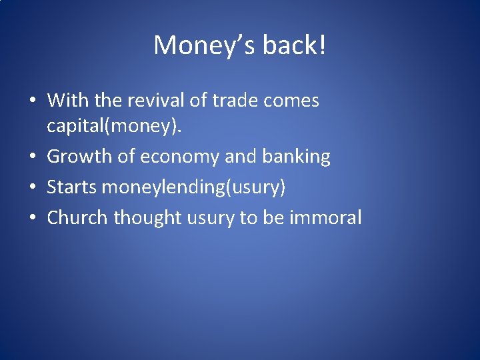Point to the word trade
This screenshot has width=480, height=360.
coord(236,101)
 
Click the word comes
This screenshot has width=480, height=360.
coord(292,101)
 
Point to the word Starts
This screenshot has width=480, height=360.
coord(72,187)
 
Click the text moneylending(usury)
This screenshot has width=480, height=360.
coord(194,187)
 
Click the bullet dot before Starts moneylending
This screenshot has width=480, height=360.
coord(33,188)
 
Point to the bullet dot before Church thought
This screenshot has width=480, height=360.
coord(33,218)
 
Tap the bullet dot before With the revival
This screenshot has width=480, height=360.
coord(33,101)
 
